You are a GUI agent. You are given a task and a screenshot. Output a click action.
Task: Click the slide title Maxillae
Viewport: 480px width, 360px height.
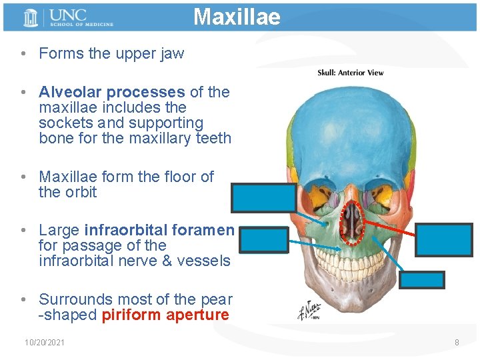237,17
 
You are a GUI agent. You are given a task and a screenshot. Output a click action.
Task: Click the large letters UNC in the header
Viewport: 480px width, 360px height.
67,14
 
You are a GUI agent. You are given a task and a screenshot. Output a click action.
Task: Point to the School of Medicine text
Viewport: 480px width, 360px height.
81,25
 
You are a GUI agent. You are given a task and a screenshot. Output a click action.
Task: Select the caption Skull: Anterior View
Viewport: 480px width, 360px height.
350,73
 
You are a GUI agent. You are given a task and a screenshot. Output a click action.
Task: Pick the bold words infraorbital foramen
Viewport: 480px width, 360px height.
159,230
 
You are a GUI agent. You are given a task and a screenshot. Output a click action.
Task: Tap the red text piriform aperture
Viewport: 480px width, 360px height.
165,315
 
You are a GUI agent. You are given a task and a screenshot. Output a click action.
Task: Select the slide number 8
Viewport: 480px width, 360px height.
457,343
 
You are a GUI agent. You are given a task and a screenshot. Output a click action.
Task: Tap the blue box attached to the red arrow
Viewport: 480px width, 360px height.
444,240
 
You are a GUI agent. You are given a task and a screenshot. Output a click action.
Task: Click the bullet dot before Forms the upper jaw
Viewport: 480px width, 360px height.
23,54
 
